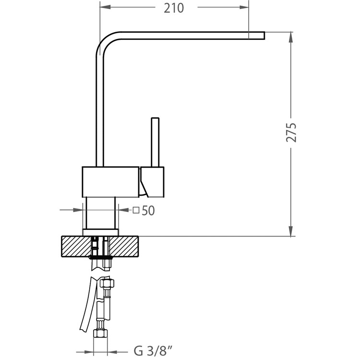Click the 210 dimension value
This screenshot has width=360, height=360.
174,8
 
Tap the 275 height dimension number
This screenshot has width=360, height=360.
291,132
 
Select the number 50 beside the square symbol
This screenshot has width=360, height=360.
148,210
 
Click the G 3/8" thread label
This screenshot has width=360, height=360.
153,351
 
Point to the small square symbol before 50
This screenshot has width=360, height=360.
136,210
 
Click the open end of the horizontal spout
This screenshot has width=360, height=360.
264,36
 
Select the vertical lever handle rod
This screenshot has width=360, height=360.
155,142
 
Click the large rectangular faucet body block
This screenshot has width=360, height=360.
111,182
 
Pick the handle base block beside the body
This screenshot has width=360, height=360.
153,182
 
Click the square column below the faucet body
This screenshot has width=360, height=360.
101,213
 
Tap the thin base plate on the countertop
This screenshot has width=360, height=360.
101,232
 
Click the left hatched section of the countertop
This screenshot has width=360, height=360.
76,246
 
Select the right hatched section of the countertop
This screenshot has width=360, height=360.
124,246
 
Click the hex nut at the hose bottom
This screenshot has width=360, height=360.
101,333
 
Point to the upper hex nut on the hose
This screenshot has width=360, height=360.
107,283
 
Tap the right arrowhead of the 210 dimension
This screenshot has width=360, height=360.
244,7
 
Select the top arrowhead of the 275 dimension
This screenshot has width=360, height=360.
291,37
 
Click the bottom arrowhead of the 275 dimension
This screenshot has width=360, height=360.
291,231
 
